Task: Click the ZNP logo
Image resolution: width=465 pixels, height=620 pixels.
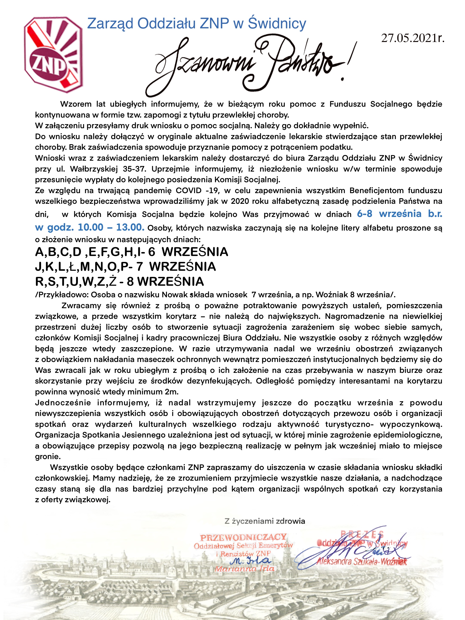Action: tap(53, 55)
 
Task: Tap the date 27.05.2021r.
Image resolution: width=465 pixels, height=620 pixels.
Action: tap(413, 38)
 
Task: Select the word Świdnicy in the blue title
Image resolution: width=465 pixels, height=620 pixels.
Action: tap(277, 23)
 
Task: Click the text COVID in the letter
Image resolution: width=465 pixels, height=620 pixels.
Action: tap(188, 191)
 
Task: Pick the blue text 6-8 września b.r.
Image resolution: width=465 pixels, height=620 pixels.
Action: tap(399, 214)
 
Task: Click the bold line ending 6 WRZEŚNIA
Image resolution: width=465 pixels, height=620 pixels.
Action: tap(131, 252)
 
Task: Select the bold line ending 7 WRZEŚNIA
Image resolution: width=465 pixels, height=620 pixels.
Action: tap(125, 267)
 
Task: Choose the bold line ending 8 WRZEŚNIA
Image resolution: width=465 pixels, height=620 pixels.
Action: tap(119, 281)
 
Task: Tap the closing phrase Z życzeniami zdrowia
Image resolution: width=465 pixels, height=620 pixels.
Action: tap(265, 521)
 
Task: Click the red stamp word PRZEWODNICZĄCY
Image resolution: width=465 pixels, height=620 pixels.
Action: tap(243, 538)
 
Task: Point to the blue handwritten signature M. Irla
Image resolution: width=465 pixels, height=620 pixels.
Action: tap(250, 561)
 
